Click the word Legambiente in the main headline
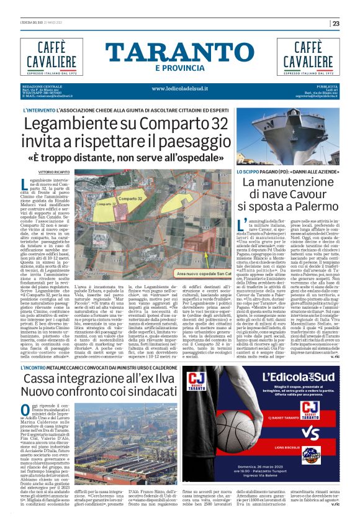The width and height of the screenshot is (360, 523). click(72, 124)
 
